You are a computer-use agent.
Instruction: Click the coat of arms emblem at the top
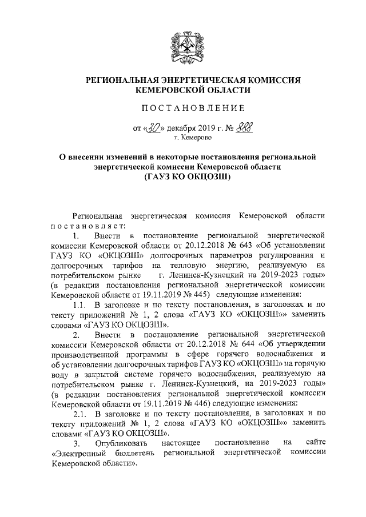click(183, 49)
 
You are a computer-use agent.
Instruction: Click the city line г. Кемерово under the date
click(189, 138)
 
